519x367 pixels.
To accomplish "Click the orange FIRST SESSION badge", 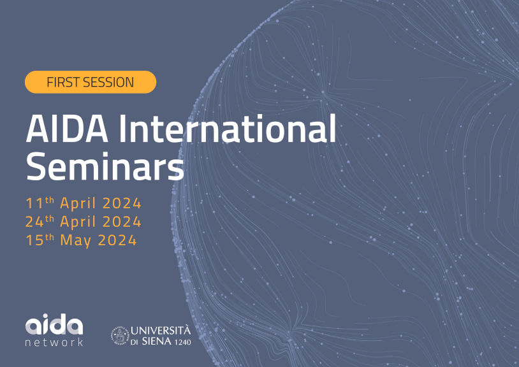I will (x=91, y=82).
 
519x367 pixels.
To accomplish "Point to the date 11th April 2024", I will (x=84, y=204).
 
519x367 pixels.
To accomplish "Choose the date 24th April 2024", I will (x=84, y=222).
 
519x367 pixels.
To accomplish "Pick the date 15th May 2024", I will (x=82, y=241).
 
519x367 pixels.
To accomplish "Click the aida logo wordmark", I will (x=54, y=326).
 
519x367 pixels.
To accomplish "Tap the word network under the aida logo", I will (x=54, y=342).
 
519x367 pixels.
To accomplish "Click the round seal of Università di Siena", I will (x=120, y=335).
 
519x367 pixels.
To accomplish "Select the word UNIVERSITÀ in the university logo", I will (x=161, y=330).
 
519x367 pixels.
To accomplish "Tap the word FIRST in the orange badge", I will (x=63, y=82).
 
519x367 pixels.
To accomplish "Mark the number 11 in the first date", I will (x=33, y=204).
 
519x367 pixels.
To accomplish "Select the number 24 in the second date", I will (x=34, y=222).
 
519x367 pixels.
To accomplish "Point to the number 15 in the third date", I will (x=34, y=241).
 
